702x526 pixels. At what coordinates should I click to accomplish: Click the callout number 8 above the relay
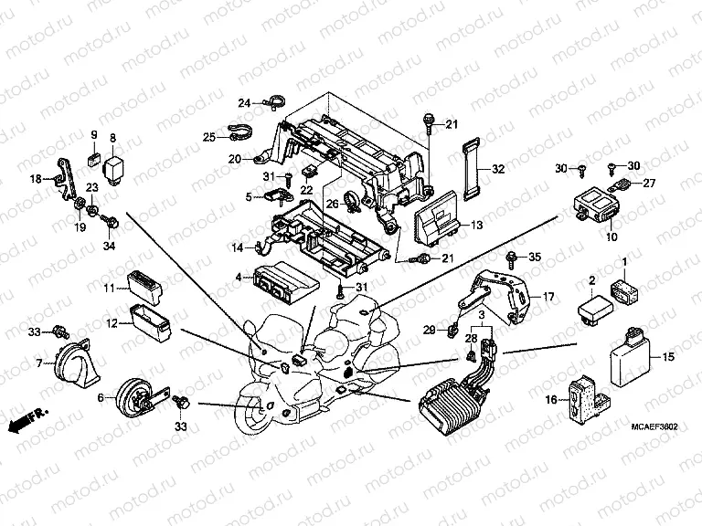click(113, 138)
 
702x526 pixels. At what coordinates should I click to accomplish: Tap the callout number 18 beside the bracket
click(36, 179)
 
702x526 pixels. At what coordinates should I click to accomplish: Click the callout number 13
click(477, 225)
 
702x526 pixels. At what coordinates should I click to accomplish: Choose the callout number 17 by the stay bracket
click(549, 297)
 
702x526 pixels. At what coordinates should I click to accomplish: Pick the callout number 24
click(244, 102)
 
